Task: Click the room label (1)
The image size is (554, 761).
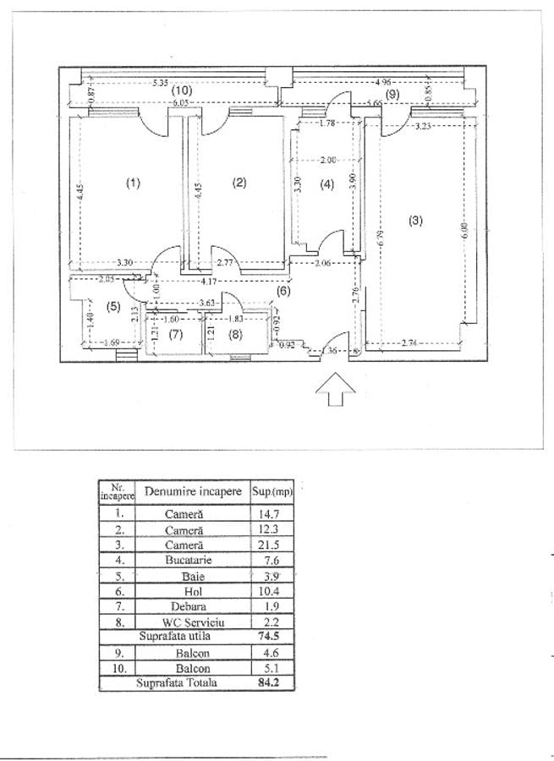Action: point(132,183)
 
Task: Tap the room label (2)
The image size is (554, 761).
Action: point(239,183)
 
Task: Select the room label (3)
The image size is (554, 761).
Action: point(414,221)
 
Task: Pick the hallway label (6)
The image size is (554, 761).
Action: point(283,291)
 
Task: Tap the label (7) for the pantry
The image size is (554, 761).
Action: point(175,335)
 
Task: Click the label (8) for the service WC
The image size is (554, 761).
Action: point(235,335)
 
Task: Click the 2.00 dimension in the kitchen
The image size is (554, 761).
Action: point(328,160)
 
